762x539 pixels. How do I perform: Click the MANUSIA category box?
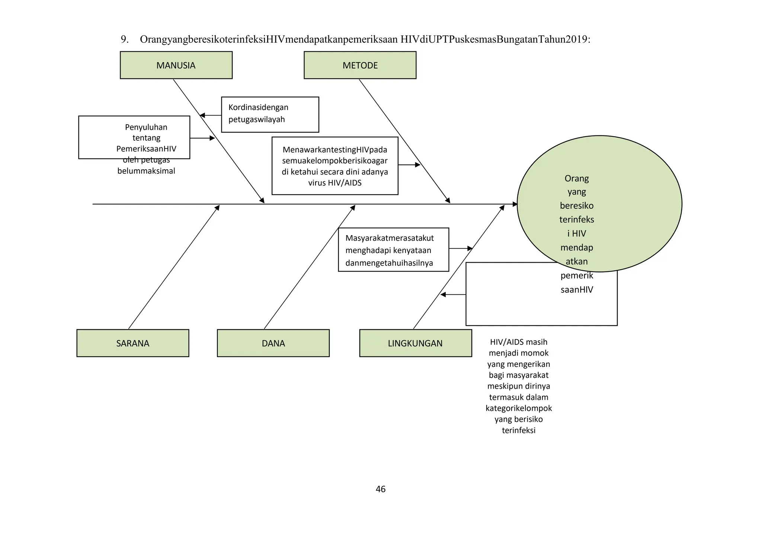[176, 65]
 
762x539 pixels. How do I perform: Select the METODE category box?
[360, 65]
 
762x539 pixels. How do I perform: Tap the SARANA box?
[133, 343]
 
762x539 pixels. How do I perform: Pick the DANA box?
[273, 343]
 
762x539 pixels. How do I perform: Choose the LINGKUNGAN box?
[415, 343]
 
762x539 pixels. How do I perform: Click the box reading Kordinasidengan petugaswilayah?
[270, 114]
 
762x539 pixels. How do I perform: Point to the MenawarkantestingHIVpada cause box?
[334, 166]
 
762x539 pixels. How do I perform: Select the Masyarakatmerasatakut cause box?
[393, 250]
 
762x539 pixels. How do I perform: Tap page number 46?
[381, 489]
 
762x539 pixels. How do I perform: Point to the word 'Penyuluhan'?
[146, 127]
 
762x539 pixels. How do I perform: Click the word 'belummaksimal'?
[146, 171]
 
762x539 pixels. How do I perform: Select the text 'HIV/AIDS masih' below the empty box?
[518, 342]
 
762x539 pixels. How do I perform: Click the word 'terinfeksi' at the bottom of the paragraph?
[518, 430]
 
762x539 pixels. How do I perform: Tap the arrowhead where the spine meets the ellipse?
[515, 204]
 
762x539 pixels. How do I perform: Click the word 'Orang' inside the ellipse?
[576, 179]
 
